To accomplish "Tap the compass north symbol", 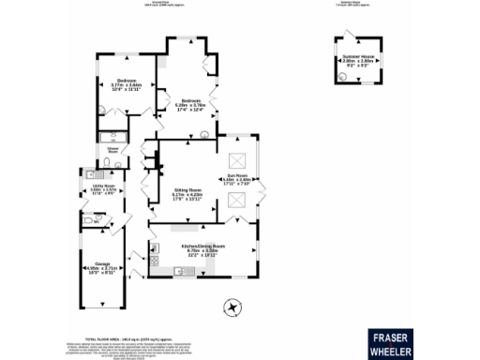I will point(231,307).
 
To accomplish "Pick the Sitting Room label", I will point(187,189).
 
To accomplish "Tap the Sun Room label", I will point(236,174).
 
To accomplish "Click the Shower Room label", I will point(112,148).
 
